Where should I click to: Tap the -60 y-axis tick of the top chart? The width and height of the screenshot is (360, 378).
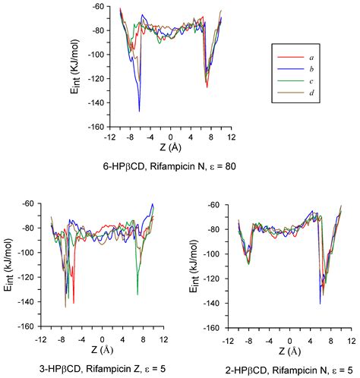click(x=99, y=8)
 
